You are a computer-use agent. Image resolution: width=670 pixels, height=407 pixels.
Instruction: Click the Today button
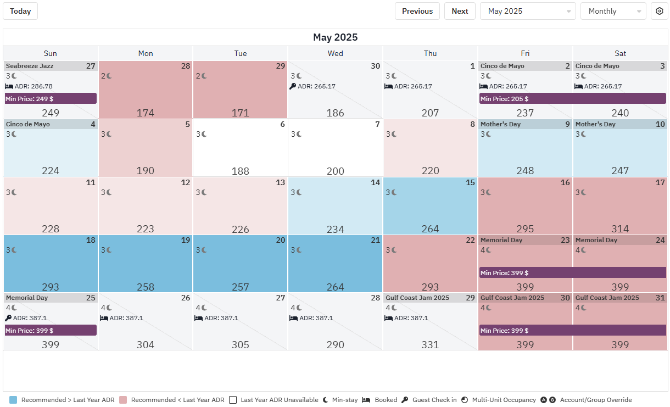click(x=20, y=11)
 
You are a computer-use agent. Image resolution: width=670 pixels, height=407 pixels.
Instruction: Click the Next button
click(x=460, y=11)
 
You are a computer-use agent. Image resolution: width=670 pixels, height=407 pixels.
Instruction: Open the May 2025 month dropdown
click(x=527, y=11)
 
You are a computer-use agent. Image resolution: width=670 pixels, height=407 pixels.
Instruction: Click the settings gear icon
click(x=660, y=11)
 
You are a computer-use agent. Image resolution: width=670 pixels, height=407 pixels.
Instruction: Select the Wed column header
click(x=335, y=53)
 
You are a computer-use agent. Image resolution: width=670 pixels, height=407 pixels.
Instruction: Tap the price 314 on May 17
click(x=620, y=229)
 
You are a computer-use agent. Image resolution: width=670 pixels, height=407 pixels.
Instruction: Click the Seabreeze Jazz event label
click(x=30, y=66)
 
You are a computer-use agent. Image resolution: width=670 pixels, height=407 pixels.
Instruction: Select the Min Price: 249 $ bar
click(x=51, y=99)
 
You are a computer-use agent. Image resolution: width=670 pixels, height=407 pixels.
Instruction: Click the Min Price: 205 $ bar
click(x=572, y=99)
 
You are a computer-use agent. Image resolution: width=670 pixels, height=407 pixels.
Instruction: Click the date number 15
click(x=470, y=182)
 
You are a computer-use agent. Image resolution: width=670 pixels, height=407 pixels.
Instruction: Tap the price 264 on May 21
click(x=335, y=287)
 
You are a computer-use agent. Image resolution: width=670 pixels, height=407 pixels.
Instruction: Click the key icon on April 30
click(x=293, y=86)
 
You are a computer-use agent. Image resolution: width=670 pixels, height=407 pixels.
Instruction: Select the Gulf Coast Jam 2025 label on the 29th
click(x=417, y=298)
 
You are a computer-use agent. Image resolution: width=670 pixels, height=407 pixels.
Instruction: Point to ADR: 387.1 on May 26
click(x=126, y=318)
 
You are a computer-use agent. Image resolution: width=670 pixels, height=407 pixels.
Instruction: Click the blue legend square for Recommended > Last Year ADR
click(x=13, y=400)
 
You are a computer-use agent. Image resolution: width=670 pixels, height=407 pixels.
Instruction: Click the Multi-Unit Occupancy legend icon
click(x=465, y=400)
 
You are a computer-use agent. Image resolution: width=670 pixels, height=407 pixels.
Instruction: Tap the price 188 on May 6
click(x=240, y=171)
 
